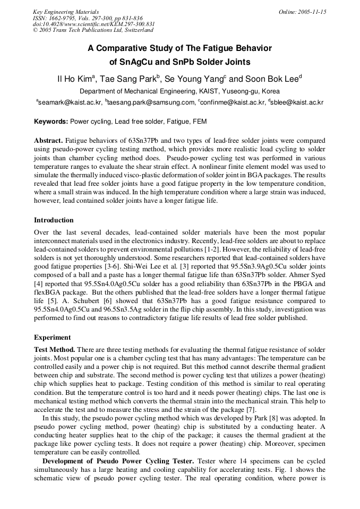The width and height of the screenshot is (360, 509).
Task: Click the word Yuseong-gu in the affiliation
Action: [237, 91]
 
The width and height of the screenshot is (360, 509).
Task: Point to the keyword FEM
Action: [200, 122]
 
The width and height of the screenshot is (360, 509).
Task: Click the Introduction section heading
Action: [54, 220]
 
